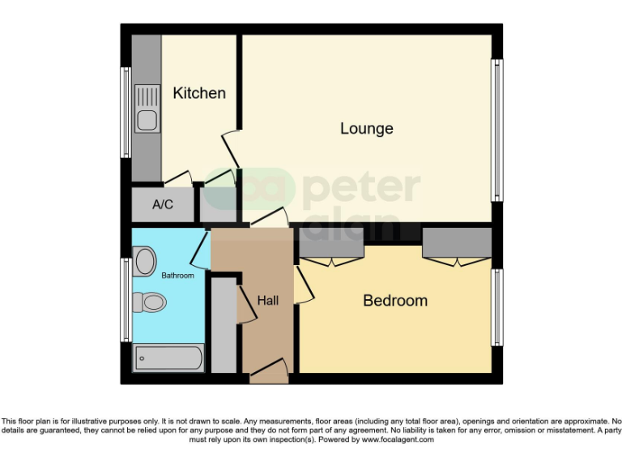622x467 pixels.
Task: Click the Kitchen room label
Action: (199, 93)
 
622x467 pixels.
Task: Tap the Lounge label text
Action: (366, 128)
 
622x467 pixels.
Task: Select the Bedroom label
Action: (394, 301)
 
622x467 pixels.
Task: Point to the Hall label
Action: (268, 301)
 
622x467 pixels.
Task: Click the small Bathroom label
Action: (177, 276)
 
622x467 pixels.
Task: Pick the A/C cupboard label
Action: (163, 204)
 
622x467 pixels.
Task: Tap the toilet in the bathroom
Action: (150, 302)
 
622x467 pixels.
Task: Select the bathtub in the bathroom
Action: (168, 357)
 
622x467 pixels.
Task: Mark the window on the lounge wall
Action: (498, 130)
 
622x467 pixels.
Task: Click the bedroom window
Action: (498, 308)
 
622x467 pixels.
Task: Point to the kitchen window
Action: (126, 112)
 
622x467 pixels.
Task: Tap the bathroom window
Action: (126, 300)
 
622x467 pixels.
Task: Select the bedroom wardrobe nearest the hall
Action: (330, 242)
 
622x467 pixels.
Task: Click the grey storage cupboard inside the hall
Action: (224, 325)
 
